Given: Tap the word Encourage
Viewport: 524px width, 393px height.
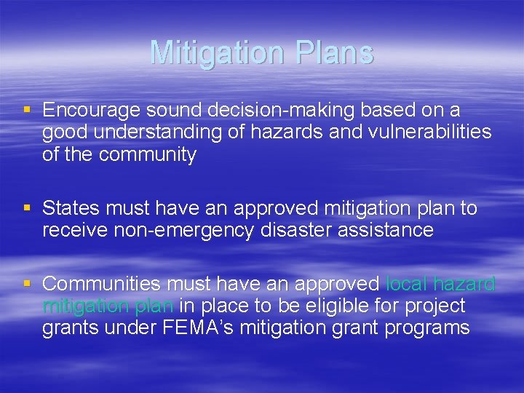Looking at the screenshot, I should point(91,110).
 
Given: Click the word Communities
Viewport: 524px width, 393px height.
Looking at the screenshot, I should point(103,284).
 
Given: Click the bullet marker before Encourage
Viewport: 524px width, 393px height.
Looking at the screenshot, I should point(28,110).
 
